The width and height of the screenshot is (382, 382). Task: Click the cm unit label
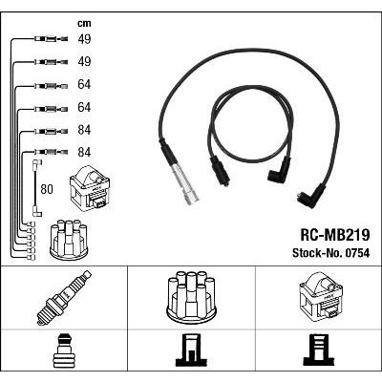click(84, 24)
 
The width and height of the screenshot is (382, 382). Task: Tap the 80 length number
click(47, 189)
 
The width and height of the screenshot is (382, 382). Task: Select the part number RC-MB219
click(335, 236)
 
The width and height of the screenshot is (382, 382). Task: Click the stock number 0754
click(356, 253)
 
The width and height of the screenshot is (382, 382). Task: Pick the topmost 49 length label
click(84, 39)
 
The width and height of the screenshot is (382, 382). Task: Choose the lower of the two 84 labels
click(84, 152)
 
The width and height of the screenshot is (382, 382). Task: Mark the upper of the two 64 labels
click(84, 84)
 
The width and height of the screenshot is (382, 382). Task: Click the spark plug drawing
click(64, 298)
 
